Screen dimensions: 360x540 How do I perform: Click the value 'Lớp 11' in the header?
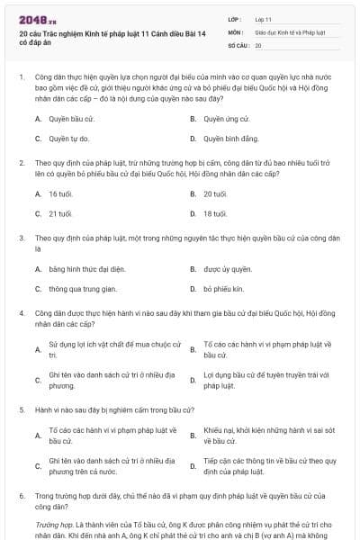pyautogui.click(x=264, y=18)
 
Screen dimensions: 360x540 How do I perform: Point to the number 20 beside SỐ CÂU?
pyautogui.click(x=258, y=44)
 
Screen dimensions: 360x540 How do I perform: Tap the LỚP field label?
pyautogui.click(x=235, y=18)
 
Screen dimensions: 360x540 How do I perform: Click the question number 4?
pyautogui.click(x=21, y=312)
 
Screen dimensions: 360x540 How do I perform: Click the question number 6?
pyautogui.click(x=21, y=495)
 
